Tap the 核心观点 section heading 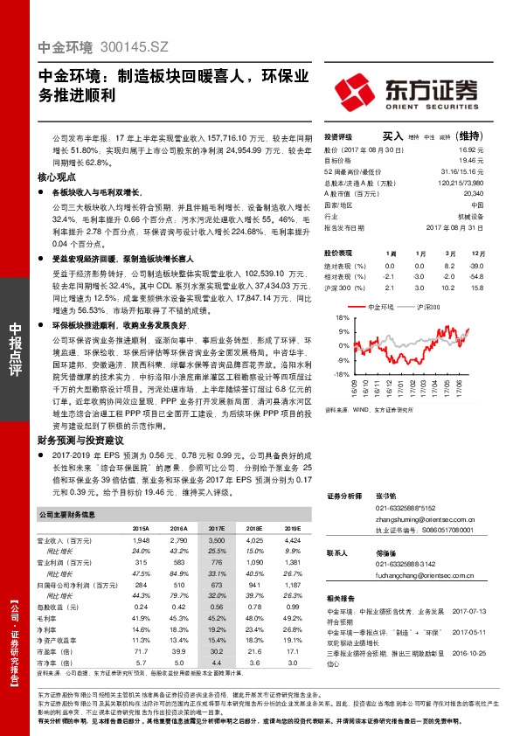57,177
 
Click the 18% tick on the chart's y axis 330,320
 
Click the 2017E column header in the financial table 216,529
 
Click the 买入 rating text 392,136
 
